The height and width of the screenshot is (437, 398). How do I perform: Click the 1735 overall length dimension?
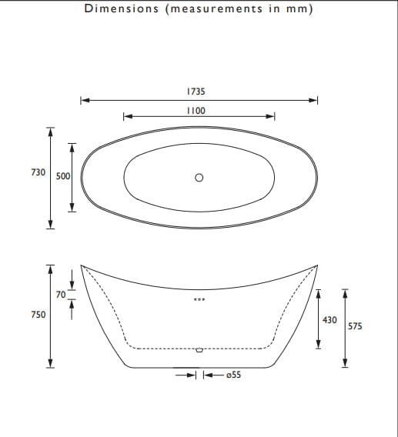pos(196,91)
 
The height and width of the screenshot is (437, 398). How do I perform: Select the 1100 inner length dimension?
pos(196,111)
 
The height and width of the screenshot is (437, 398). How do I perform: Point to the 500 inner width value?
pos(63,176)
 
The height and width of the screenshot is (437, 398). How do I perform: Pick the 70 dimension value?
pos(61,295)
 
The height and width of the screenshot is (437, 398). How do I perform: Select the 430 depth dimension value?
pos(329,319)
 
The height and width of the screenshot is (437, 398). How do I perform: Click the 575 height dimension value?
pos(355,326)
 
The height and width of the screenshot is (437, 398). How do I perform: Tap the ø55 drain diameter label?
pos(232,375)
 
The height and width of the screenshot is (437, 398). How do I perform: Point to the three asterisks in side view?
pos(199,300)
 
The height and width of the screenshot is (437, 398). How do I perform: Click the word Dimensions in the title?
pos(119,9)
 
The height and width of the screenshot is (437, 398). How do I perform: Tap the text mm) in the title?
pos(303,9)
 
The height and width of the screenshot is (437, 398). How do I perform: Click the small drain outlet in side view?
pos(199,350)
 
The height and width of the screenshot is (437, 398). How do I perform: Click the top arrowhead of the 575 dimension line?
pos(345,292)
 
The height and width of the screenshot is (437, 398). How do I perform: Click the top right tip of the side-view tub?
pos(318,265)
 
